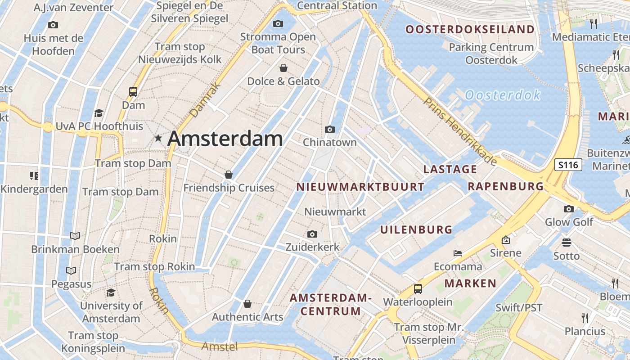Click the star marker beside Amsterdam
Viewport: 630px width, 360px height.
[158, 138]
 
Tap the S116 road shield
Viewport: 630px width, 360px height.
[568, 165]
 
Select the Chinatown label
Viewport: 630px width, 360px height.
[329, 142]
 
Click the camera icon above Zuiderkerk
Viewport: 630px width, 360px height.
[312, 234]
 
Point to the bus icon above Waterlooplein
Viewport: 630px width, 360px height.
[418, 288]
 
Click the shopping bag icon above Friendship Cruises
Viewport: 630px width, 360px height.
[229, 174]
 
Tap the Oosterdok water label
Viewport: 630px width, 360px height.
[502, 95]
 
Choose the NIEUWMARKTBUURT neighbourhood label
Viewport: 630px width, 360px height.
[360, 187]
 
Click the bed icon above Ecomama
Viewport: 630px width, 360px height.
[458, 253]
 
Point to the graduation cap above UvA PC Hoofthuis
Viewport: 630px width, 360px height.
[99, 113]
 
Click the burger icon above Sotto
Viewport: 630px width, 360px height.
[567, 243]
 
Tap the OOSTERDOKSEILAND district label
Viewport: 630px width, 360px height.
[470, 30]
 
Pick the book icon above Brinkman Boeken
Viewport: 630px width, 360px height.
[75, 236]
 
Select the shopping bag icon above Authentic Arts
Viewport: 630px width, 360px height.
[247, 304]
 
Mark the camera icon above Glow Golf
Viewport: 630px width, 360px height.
[569, 209]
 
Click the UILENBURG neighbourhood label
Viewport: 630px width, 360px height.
[416, 229]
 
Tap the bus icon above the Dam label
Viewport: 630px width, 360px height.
[133, 91]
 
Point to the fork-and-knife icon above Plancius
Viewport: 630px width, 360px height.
[585, 318]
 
